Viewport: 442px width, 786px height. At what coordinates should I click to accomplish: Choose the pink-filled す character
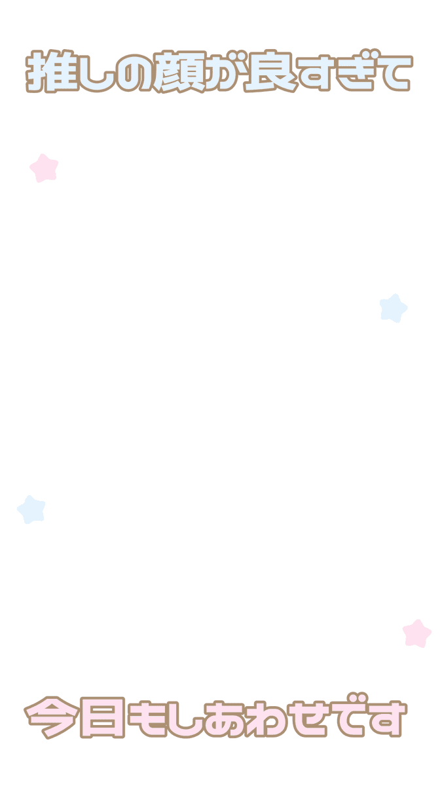click(388, 719)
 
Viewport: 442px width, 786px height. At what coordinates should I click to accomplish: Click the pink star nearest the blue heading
click(44, 168)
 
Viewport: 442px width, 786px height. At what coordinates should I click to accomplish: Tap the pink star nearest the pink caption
click(416, 633)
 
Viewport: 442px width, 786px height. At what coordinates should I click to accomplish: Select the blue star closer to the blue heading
click(394, 308)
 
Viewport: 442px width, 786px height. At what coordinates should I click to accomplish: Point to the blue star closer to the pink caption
click(31, 510)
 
